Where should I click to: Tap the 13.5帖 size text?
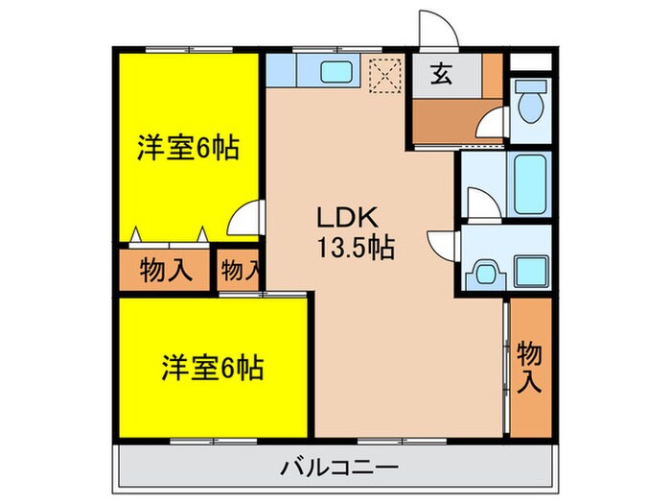(x=354, y=249)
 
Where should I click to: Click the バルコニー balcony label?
(x=339, y=468)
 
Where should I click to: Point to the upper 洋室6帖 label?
(x=187, y=149)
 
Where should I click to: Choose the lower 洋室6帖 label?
(x=213, y=367)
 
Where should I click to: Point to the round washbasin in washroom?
(x=485, y=272)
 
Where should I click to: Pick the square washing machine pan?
(x=529, y=270)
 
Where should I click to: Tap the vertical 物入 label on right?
(x=530, y=365)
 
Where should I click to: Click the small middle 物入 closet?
(x=239, y=270)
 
